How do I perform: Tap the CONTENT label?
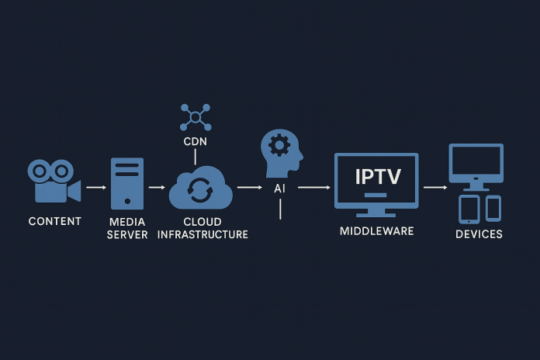tap(54, 221)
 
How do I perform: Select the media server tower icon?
tap(127, 183)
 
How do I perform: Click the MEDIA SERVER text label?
tap(127, 228)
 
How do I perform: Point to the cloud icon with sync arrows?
tap(201, 189)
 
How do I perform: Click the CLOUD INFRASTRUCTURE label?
tap(202, 228)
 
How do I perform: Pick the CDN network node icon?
tap(195, 117)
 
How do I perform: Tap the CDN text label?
tap(195, 143)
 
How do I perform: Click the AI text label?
tap(280, 188)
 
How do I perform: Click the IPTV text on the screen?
tap(378, 176)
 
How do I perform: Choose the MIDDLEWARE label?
tap(377, 231)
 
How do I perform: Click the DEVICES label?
tap(479, 234)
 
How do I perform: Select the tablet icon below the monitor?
tap(469, 209)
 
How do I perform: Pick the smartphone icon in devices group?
tap(493, 207)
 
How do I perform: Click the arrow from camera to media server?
tap(95, 187)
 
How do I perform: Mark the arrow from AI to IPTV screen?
tap(313, 187)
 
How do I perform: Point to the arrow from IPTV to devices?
tap(434, 187)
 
